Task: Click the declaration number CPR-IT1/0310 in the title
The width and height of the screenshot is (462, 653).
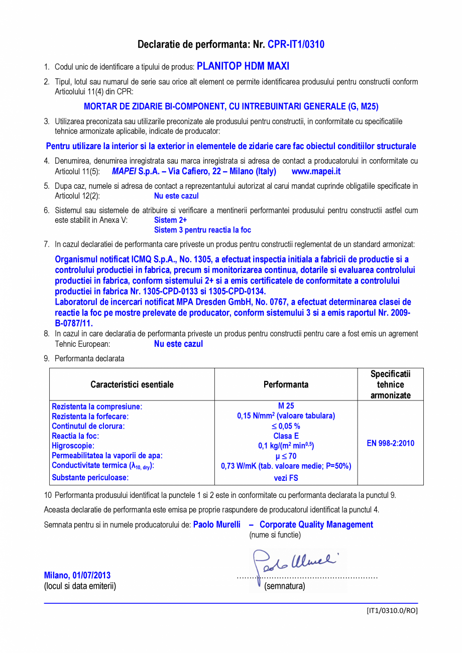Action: point(296,45)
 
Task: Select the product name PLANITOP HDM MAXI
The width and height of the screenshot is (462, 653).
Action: point(243,66)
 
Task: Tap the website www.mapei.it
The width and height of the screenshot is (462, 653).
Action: point(316,171)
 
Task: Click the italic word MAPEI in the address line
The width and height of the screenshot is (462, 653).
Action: point(124,171)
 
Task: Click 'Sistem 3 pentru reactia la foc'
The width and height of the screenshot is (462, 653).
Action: point(202,230)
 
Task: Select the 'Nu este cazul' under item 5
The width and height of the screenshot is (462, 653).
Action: point(176,196)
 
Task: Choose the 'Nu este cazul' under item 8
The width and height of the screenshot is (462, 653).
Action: point(178,344)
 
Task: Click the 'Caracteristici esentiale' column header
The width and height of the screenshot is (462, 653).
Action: point(132,384)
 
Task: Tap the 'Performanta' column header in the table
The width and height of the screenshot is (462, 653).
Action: point(286,384)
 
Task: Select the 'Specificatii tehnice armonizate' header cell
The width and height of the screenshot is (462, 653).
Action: point(390,384)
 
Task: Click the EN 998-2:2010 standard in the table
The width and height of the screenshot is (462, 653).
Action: point(390,443)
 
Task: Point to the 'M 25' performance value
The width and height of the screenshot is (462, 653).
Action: point(286,406)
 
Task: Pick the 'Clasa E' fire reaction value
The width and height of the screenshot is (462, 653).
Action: point(286,436)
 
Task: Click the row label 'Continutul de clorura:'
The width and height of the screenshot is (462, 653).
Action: point(88,426)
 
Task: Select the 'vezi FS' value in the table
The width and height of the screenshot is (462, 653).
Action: point(286,478)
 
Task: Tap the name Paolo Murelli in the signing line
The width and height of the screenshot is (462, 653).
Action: point(217,525)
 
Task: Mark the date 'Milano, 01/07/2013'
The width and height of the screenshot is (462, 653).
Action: point(77,575)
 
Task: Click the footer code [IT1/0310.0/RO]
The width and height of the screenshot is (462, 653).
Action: point(392,611)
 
